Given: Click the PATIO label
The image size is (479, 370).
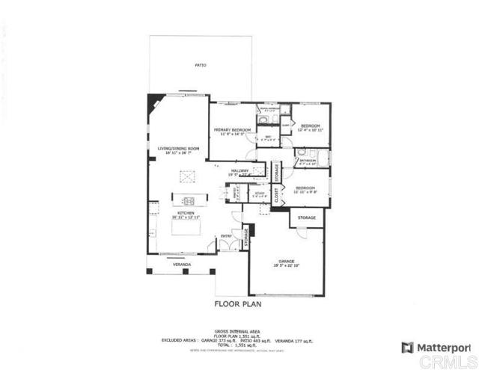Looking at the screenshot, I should [201, 66].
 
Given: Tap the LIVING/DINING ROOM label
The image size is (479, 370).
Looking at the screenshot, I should [178, 149].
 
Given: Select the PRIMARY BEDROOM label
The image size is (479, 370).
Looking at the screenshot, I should [231, 129].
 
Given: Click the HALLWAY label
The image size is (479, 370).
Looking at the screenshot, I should [239, 171].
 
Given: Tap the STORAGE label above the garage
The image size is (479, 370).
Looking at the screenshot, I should [307, 218].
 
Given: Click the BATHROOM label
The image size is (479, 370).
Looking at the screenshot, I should [308, 160].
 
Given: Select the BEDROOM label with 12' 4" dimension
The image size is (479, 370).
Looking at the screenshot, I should [310, 126].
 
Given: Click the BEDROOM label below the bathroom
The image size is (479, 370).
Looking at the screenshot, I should [306, 188].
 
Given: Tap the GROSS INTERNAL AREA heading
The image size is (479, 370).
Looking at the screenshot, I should [237, 330].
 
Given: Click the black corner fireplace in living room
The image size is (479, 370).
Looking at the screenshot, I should [153, 99].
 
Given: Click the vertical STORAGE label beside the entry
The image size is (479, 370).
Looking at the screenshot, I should [245, 238].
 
